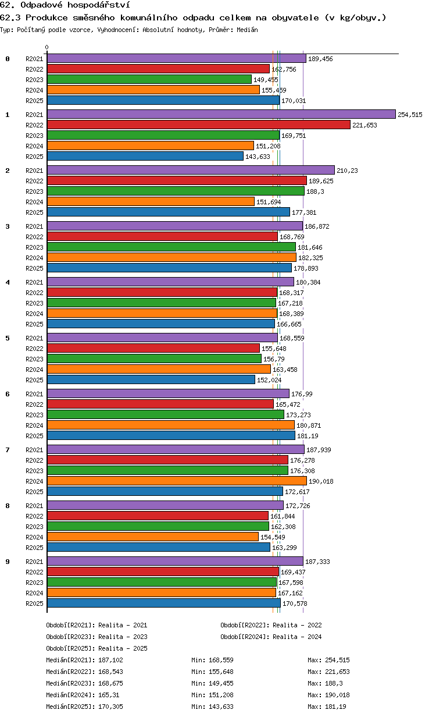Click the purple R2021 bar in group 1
pos(221,114)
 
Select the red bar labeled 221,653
pos(199,125)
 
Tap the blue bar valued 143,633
pos(145,156)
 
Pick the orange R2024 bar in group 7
pos(177,481)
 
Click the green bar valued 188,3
pos(176,191)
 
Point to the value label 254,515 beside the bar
pos(410,115)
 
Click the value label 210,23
pos(347,171)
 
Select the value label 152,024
pos(269,380)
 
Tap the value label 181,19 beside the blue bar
pos(308,436)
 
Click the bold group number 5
pos(8,338)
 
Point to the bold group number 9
pos(8,562)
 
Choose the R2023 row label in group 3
pos(34,247)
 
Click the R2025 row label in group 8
pos(34,548)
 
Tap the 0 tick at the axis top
pos(47,47)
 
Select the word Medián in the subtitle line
pos(247,30)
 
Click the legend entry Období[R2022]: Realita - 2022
pos(271,625)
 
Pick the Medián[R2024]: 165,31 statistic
pos(83,695)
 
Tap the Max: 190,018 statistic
pos(328,695)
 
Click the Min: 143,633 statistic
pos(212,706)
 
